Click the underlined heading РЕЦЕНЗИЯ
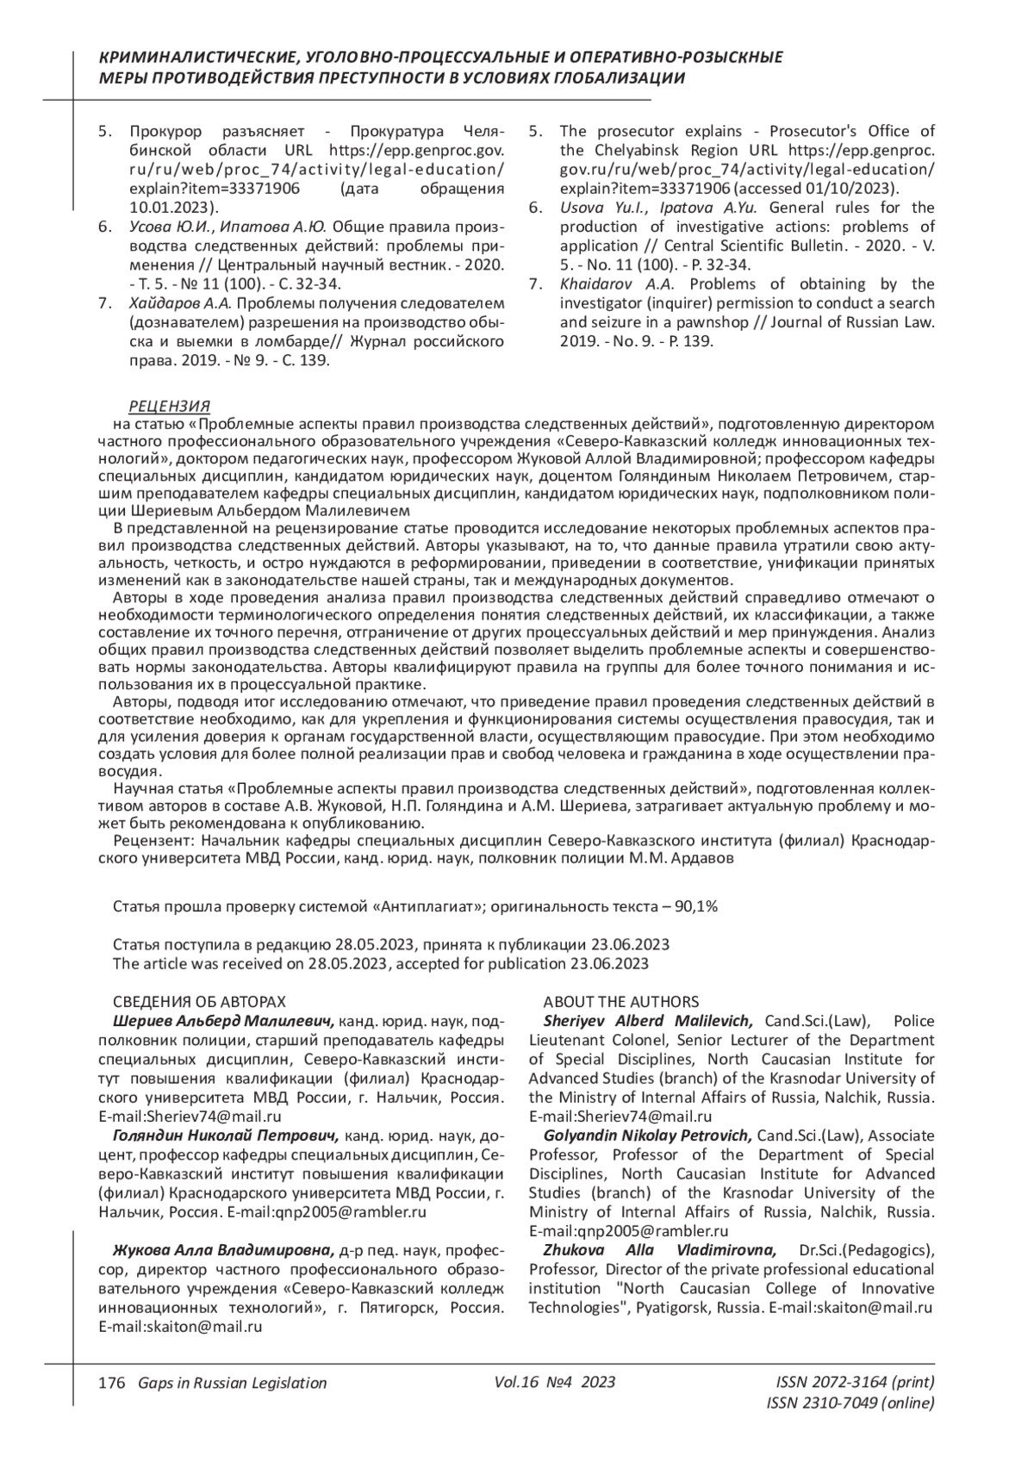[x=169, y=407]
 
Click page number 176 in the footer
[x=107, y=1383]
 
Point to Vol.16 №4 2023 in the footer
[x=555, y=1382]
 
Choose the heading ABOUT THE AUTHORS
[x=620, y=1002]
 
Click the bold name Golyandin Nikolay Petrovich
[x=648, y=1135]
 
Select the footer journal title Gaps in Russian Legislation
[x=227, y=1383]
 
